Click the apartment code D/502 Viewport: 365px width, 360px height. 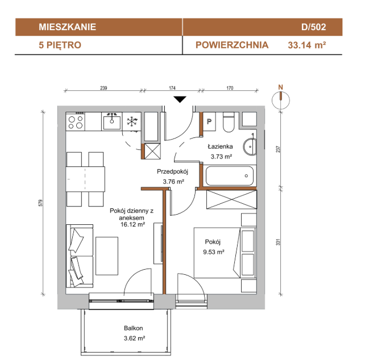pyautogui.click(x=313, y=27)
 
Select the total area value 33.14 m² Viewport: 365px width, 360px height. pyautogui.click(x=306, y=45)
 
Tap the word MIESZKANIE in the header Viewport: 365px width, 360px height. pyautogui.click(x=67, y=27)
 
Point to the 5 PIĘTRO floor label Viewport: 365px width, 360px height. pyautogui.click(x=60, y=45)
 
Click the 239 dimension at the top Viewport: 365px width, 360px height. pyautogui.click(x=103, y=88)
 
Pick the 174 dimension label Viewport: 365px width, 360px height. pyautogui.click(x=172, y=88)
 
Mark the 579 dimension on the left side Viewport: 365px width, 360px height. pyautogui.click(x=41, y=203)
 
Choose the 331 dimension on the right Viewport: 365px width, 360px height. pyautogui.click(x=278, y=242)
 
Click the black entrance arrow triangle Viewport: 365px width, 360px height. pyautogui.click(x=180, y=99)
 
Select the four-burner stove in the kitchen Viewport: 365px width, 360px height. pyautogui.click(x=76, y=122)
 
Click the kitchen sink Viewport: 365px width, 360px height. pyautogui.click(x=112, y=122)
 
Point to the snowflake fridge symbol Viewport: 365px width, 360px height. pyautogui.click(x=132, y=122)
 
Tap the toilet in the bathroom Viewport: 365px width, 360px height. pyautogui.click(x=229, y=122)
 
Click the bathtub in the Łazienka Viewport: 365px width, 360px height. pyautogui.click(x=230, y=175)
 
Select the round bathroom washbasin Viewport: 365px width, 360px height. pyautogui.click(x=250, y=146)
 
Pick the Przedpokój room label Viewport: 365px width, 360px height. pyautogui.click(x=172, y=172)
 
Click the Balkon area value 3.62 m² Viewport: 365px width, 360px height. pyautogui.click(x=134, y=338)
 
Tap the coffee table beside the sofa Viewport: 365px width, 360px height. pyautogui.click(x=107, y=256)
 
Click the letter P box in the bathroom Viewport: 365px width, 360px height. pyautogui.click(x=209, y=122)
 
